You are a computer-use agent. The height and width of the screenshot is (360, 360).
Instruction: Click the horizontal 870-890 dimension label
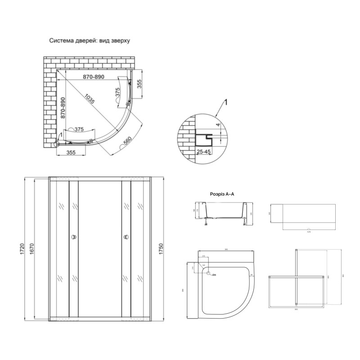[94, 77]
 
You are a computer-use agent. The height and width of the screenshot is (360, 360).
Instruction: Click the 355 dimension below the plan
[65, 153]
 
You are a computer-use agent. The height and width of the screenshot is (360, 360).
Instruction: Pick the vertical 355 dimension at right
[139, 85]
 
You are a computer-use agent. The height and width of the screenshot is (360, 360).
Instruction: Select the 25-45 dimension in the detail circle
[204, 152]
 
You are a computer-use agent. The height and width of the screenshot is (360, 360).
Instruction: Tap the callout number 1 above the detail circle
[226, 103]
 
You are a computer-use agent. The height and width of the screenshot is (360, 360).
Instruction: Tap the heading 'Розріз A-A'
[223, 194]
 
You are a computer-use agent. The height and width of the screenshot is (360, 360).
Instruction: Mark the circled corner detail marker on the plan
[57, 144]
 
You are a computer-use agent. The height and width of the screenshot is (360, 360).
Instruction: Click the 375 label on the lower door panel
[79, 130]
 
